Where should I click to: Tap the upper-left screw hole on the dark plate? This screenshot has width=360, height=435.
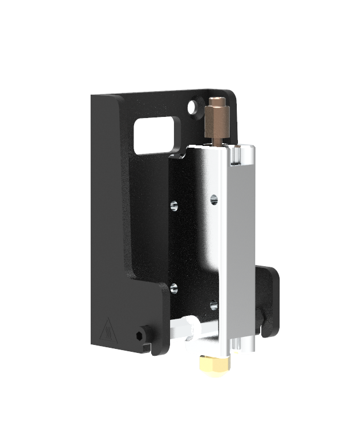175,204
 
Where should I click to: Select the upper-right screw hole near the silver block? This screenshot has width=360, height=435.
214,199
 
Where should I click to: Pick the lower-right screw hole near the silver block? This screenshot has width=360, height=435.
213,304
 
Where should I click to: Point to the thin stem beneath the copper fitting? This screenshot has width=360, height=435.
218,137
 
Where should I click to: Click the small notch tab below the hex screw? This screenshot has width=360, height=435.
147,346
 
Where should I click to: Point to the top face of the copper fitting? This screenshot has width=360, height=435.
217,100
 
